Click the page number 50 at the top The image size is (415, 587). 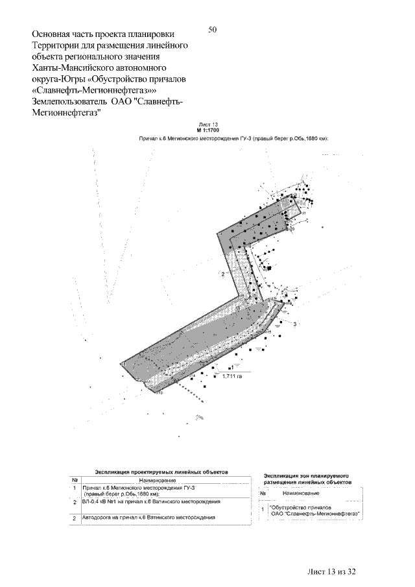[213, 30]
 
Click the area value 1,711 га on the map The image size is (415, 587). [231, 376]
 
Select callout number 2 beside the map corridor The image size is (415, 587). [222, 275]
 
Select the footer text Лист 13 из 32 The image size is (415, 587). [332, 571]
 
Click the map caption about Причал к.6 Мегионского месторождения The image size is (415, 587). [233, 138]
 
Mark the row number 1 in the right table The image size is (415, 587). [262, 510]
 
